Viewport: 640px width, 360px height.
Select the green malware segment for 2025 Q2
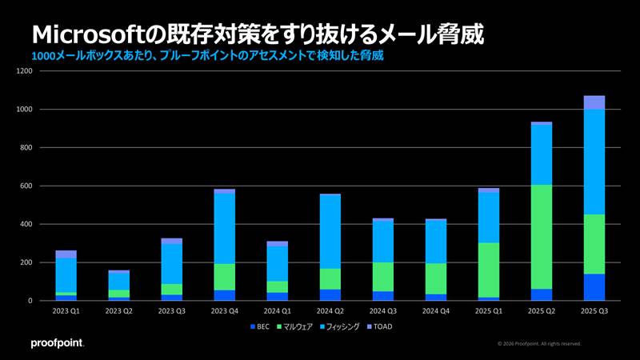click(542, 237)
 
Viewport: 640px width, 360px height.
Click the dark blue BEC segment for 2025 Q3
click(594, 287)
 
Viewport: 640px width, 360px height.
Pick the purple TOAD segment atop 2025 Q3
click(594, 102)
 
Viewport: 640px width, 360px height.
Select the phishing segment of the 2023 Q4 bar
click(224, 229)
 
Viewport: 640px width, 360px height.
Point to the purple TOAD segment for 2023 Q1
click(66, 254)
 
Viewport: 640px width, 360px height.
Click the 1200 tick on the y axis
click(24, 71)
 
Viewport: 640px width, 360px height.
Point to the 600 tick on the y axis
click(26, 186)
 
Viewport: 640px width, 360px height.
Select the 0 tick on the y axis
click(30, 301)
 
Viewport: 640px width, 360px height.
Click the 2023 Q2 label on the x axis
click(118, 312)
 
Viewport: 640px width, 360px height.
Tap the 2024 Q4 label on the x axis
click(436, 312)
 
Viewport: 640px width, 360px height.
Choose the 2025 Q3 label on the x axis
click(594, 312)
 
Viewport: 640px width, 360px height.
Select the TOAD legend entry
click(379, 326)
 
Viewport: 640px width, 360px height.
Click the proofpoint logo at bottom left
click(57, 343)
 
